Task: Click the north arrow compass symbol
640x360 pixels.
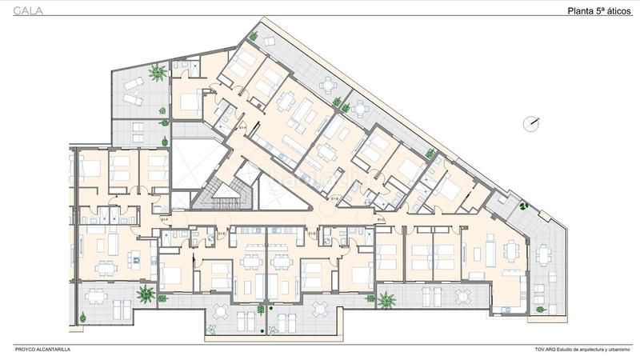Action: tap(530, 123)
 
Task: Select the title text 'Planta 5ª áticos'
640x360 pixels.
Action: tap(598, 10)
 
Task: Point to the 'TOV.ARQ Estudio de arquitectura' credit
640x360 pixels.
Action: tap(583, 350)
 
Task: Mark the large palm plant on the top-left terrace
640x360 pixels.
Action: tap(158, 72)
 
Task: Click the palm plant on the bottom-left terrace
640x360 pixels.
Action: tap(145, 295)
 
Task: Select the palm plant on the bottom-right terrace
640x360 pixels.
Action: tap(386, 300)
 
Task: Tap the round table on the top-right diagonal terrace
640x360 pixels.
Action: tap(328, 86)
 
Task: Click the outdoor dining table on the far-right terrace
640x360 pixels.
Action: tap(545, 255)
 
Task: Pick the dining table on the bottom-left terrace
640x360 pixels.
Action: tap(97, 294)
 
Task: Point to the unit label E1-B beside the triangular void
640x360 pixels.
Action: tap(334, 198)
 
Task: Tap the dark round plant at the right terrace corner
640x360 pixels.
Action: tap(524, 205)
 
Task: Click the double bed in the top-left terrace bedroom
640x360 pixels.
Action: tap(189, 102)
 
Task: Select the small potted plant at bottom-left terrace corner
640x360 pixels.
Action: tap(83, 318)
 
